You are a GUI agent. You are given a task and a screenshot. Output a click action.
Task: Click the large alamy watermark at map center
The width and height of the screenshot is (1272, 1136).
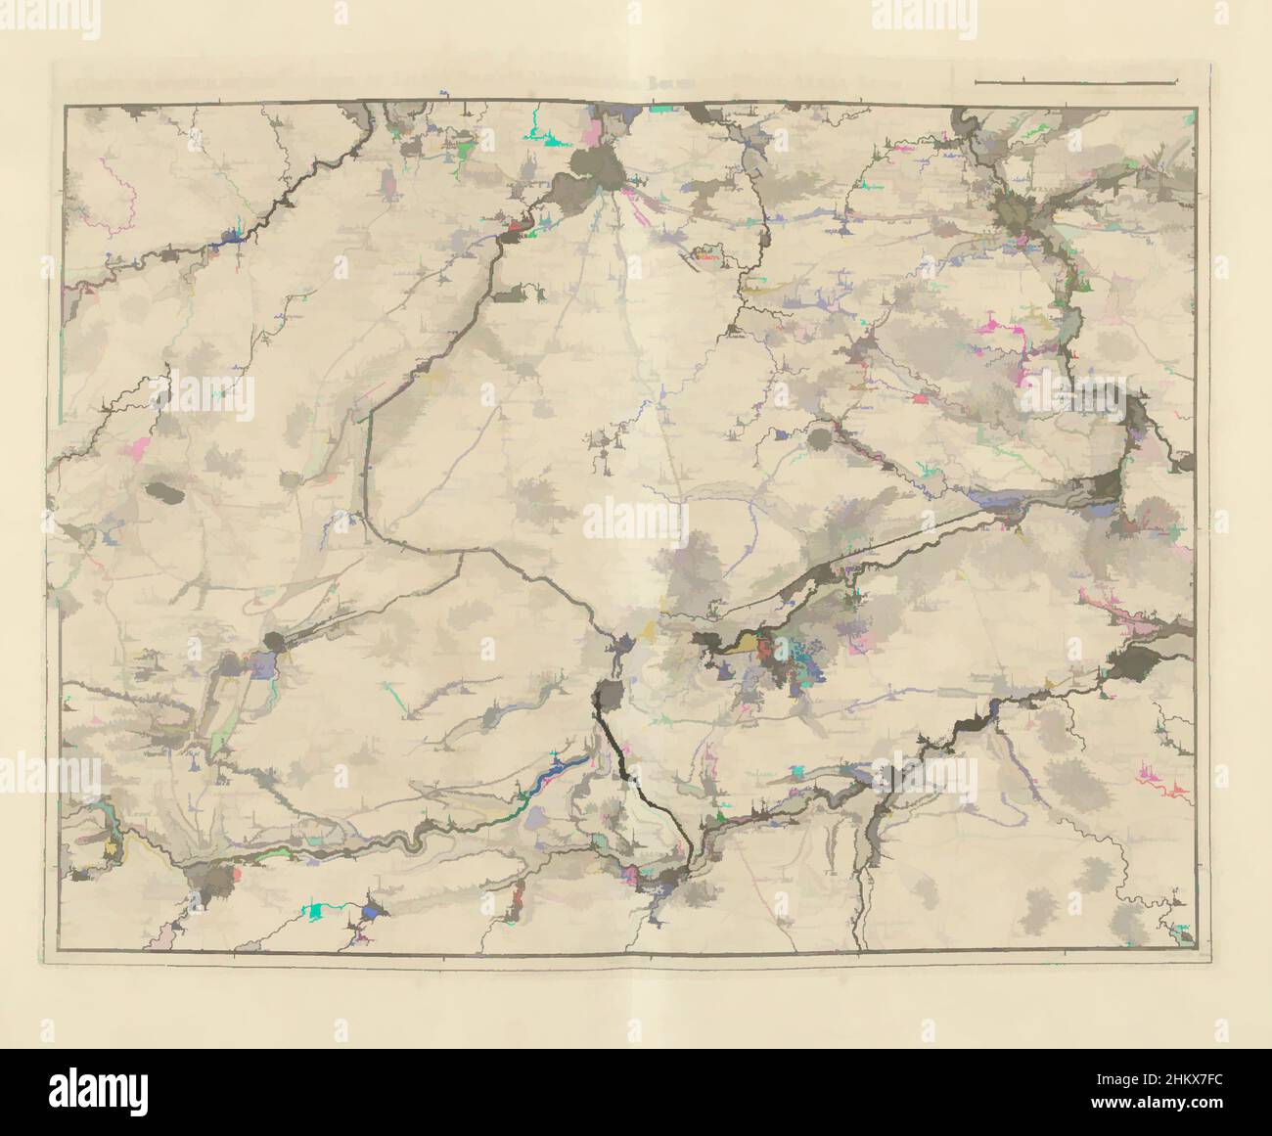coord(635,519)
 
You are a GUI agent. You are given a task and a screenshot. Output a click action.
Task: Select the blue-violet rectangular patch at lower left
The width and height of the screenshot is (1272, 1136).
coord(263,666)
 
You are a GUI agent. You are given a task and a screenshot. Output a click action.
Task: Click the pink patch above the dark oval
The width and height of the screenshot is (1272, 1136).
coord(138,448)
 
